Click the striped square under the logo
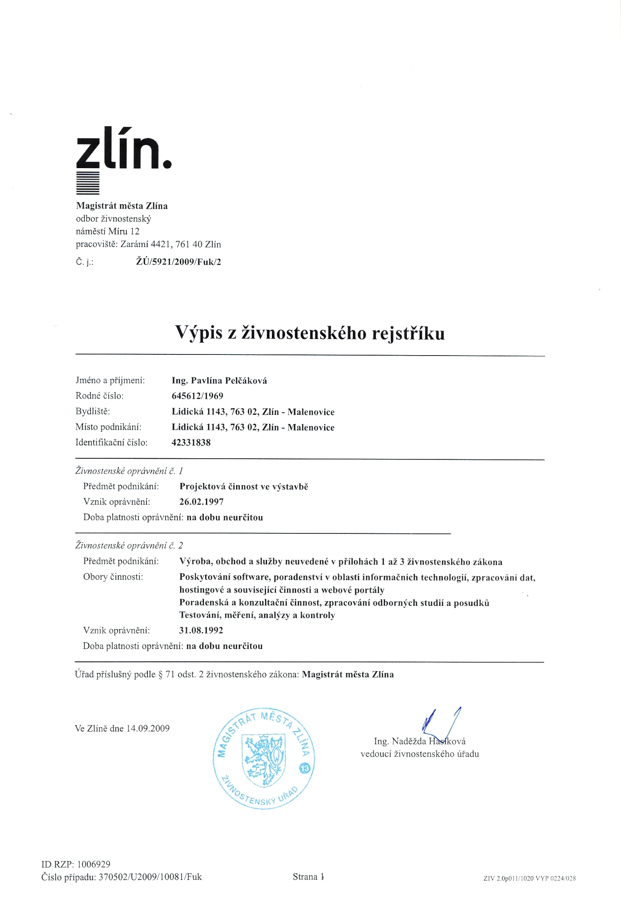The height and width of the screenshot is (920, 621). pyautogui.click(x=87, y=184)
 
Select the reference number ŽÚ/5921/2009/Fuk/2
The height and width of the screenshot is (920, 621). pyautogui.click(x=178, y=262)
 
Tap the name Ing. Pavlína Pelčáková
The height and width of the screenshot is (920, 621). pyautogui.click(x=219, y=381)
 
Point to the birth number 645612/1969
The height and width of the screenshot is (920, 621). pyautogui.click(x=197, y=396)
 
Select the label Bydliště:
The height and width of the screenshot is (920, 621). pyautogui.click(x=93, y=411)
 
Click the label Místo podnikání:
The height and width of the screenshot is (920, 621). pyautogui.click(x=108, y=427)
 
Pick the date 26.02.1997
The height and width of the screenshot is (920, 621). pyautogui.click(x=201, y=502)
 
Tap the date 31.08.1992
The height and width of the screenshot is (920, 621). pyautogui.click(x=201, y=630)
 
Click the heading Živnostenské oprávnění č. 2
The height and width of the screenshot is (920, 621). pyautogui.click(x=129, y=546)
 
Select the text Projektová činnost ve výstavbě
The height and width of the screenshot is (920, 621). pyautogui.click(x=244, y=487)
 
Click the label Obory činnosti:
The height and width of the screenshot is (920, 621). pyautogui.click(x=113, y=577)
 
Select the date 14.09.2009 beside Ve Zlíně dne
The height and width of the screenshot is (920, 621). pyautogui.click(x=148, y=729)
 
